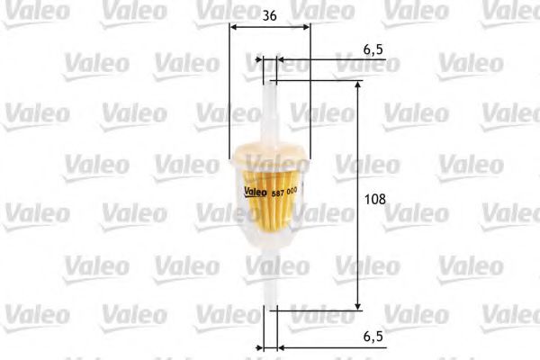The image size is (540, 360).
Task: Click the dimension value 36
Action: point(269,15)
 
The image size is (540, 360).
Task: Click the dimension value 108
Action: point(375,199)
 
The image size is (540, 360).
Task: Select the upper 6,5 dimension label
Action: point(373,49)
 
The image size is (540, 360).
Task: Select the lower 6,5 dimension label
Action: point(373,337)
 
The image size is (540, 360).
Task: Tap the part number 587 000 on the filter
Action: point(284,193)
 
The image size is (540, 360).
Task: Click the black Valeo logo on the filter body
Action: point(256,192)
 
